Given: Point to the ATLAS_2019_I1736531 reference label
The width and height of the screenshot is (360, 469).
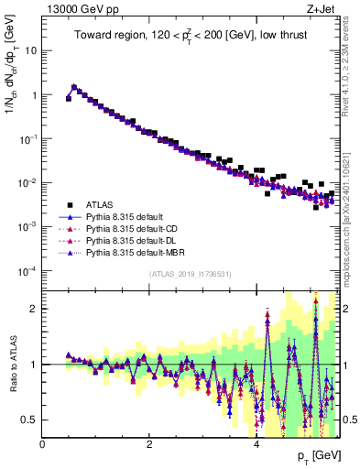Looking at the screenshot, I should [x=190, y=275].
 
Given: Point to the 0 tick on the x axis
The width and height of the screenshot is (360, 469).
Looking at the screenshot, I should [x=42, y=444].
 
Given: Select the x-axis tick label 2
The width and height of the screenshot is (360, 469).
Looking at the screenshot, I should [x=149, y=444].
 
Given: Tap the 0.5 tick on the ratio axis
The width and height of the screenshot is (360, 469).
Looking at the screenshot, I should [x=28, y=420].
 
